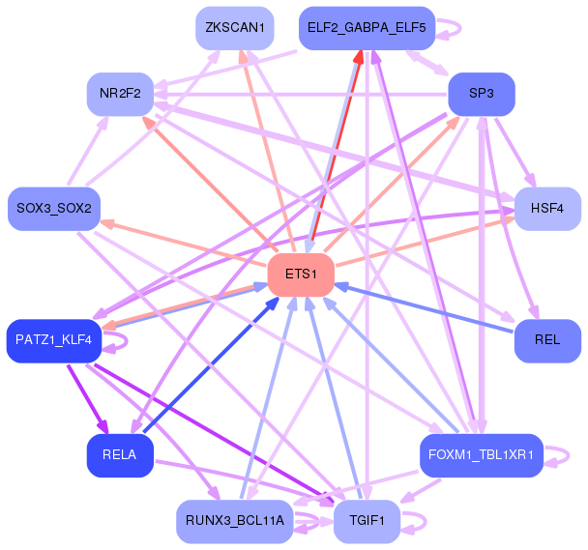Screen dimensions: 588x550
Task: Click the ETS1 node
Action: (301, 275)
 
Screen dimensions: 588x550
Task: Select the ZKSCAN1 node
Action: (235, 28)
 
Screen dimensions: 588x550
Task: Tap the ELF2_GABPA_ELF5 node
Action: (367, 28)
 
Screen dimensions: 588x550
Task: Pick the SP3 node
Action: (482, 94)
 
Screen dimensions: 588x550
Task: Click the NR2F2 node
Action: (120, 94)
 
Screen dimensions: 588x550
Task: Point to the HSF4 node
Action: (547, 209)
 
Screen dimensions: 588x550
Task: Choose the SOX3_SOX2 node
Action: (54, 209)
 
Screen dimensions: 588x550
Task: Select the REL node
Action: (547, 340)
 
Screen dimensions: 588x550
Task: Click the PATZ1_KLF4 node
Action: (54, 340)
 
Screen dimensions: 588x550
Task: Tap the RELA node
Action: (120, 455)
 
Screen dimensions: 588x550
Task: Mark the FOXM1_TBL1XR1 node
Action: (482, 455)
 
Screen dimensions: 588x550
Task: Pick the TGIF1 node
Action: (367, 521)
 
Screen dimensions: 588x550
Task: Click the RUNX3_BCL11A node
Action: (235, 521)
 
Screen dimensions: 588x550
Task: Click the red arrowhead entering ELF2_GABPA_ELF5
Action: (358, 57)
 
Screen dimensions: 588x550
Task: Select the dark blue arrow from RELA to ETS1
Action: (211, 364)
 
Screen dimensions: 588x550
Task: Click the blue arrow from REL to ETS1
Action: (424, 308)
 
